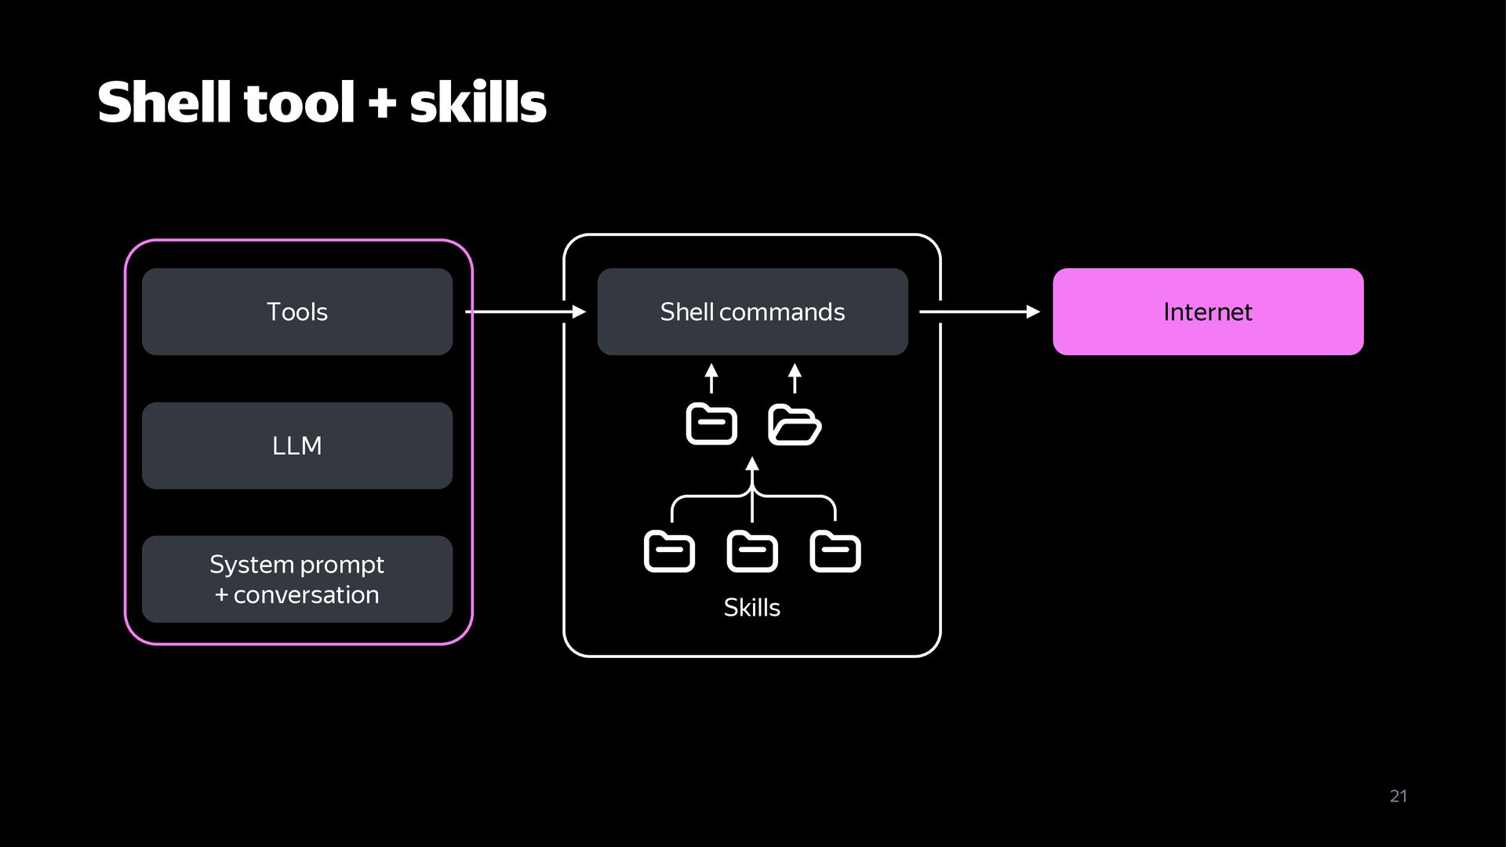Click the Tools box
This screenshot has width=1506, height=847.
(x=297, y=311)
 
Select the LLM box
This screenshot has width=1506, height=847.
(x=297, y=445)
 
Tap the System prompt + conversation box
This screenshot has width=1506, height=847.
(x=297, y=579)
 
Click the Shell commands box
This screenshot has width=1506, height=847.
(x=752, y=311)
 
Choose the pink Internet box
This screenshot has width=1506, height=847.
(x=1208, y=311)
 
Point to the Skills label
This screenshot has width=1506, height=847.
(x=751, y=607)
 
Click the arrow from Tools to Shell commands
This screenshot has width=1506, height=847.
(x=526, y=312)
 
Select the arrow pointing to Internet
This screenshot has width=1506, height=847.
(x=980, y=312)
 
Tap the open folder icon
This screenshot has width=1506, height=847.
(x=795, y=424)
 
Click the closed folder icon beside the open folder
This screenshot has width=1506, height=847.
(x=711, y=424)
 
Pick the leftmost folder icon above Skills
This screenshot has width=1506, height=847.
(x=669, y=551)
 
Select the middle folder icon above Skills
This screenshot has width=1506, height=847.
(x=752, y=551)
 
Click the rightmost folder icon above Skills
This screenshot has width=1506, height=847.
(x=835, y=551)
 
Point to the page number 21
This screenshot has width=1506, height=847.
(x=1399, y=796)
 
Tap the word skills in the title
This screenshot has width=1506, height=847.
(x=478, y=103)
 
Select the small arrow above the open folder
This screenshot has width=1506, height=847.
(x=795, y=378)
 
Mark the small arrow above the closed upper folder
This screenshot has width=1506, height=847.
(x=711, y=378)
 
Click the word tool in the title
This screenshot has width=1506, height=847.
(x=300, y=103)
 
